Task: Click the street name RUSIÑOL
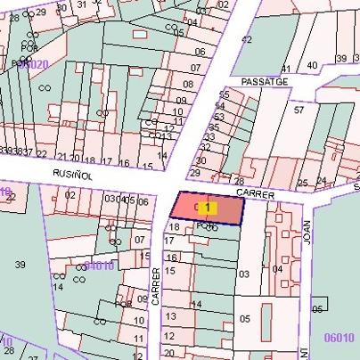70,174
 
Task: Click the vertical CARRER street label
155,286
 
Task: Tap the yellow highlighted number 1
208,208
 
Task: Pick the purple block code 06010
340,338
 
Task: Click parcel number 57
299,110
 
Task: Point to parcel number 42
247,40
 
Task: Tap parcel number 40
312,65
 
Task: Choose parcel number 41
287,69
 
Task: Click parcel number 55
225,94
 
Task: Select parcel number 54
219,105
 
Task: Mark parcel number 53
217,116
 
